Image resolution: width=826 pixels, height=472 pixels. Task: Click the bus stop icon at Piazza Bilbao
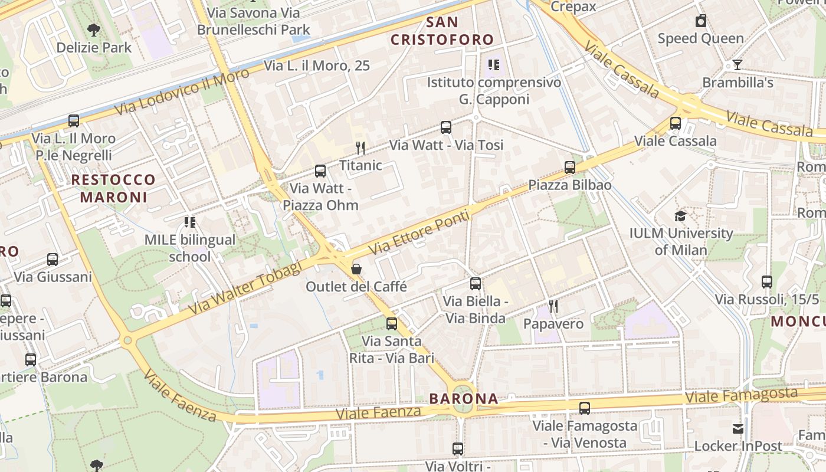(x=570, y=167)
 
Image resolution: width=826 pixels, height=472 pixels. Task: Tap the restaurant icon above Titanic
(x=360, y=147)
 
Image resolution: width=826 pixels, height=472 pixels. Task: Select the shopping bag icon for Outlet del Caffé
(x=356, y=269)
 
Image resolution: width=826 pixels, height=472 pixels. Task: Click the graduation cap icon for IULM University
(x=680, y=215)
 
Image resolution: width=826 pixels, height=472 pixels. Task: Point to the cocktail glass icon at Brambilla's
(x=737, y=64)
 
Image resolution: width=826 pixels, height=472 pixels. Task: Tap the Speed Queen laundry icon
(x=701, y=21)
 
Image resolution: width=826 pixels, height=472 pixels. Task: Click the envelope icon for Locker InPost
(x=738, y=428)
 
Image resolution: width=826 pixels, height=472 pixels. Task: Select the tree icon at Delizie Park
(x=94, y=29)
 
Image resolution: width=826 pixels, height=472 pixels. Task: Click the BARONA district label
(x=464, y=398)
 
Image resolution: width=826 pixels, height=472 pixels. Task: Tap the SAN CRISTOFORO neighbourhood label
(x=442, y=31)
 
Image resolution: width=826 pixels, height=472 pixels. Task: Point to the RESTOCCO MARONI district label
(x=113, y=188)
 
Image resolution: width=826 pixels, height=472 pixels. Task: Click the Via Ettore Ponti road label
(x=419, y=232)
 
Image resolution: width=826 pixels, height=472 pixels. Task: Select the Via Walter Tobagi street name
(x=245, y=288)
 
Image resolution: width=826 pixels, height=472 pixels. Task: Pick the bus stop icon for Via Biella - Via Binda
(x=476, y=284)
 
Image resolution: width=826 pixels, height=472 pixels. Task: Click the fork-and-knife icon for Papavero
(x=553, y=306)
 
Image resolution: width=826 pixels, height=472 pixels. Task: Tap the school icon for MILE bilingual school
(x=190, y=222)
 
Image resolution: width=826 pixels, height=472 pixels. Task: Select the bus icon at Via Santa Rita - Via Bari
(x=392, y=323)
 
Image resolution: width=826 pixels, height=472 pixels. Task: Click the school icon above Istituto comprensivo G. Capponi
(x=494, y=64)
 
